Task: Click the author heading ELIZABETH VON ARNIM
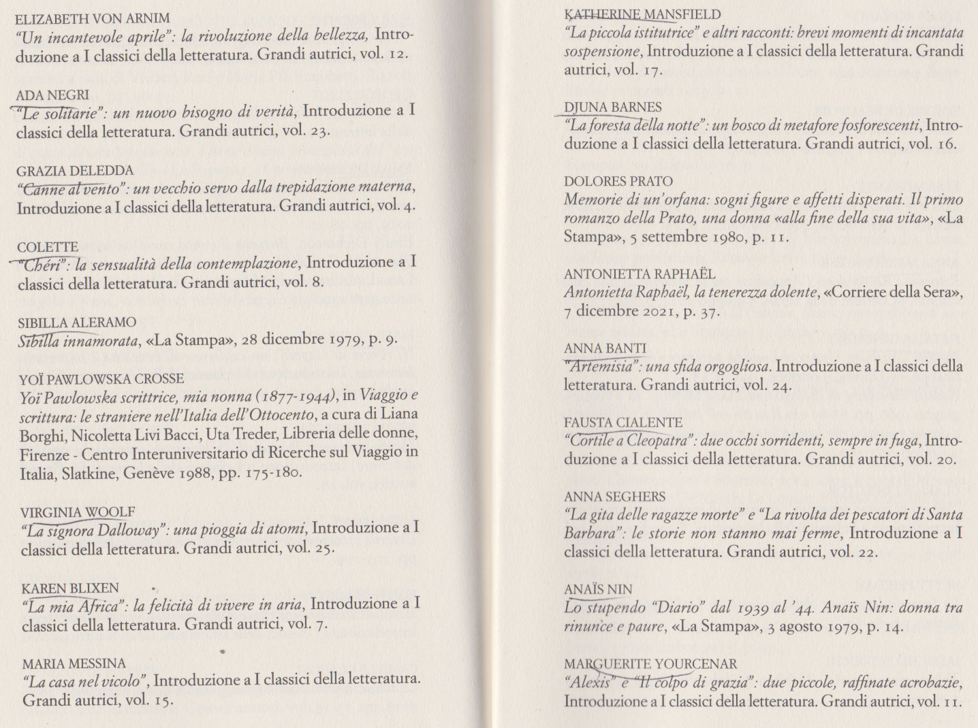[x=93, y=18]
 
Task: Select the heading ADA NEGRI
[x=52, y=95]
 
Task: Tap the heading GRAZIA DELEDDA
[x=75, y=171]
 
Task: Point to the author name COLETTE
[x=48, y=247]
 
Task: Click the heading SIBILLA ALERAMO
[x=77, y=322]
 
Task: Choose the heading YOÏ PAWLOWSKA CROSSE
[x=101, y=378]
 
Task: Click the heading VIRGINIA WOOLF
[x=78, y=512]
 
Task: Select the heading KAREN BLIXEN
[x=70, y=589]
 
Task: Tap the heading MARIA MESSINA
[x=74, y=664]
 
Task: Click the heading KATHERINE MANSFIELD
[x=643, y=14]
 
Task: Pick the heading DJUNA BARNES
[x=613, y=107]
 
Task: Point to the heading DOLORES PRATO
[x=618, y=181]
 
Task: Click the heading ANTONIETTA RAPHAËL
[x=640, y=274]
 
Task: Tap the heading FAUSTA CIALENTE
[x=623, y=423]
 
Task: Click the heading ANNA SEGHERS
[x=615, y=497]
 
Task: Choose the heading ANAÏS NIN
[x=598, y=589]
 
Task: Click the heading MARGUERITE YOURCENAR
[x=650, y=664]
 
